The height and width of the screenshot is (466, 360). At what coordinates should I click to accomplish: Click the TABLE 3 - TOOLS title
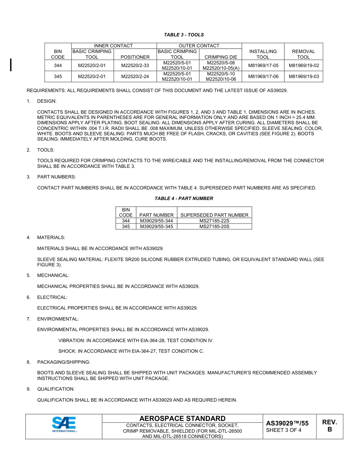coord(184,35)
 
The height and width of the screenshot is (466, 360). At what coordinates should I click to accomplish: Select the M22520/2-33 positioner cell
coord(135,66)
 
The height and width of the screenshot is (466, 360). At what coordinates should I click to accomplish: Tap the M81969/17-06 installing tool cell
coord(263,77)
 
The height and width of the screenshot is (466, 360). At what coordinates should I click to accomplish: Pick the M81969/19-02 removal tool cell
coord(304,66)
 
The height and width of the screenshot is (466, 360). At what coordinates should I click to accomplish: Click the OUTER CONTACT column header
coord(199,46)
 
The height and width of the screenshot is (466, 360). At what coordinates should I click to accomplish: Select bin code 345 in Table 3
coord(58,77)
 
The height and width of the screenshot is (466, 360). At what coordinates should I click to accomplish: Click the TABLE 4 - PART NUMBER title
coord(184,199)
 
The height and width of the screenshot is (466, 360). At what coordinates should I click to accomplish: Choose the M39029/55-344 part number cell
coord(156,221)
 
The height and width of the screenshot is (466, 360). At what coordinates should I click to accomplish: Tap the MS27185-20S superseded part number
coord(214,227)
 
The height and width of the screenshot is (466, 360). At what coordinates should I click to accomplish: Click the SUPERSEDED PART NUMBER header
coord(214,215)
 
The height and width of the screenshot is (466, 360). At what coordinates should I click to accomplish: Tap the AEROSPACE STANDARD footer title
coord(182,419)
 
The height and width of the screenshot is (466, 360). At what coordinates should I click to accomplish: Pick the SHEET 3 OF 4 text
coord(283,430)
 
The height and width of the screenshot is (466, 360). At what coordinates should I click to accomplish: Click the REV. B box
coord(329,426)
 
